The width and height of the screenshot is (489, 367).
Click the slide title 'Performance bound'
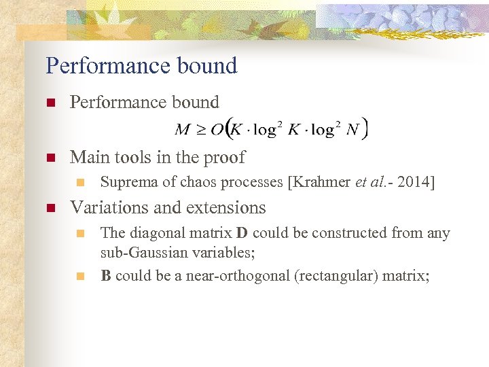pos(141,66)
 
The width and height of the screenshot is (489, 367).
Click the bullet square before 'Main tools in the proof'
pos(50,158)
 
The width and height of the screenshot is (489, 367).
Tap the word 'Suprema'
pos(125,182)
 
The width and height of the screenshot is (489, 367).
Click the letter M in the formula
pos(183,129)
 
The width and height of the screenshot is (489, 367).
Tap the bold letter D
pos(242,233)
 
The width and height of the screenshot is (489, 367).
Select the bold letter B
pos(106,276)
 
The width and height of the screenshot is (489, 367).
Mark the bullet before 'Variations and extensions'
pos(50,208)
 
